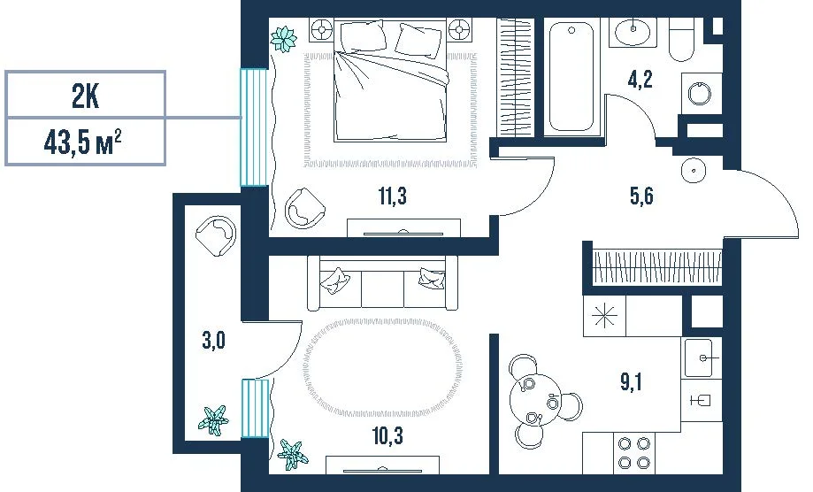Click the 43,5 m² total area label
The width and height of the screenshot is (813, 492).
[83, 142]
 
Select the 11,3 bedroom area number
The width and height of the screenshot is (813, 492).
[393, 196]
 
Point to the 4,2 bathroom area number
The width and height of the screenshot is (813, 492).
[640, 80]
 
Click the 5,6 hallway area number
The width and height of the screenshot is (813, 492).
[640, 196]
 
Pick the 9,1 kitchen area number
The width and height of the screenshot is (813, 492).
[631, 382]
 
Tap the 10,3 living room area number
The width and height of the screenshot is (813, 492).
[387, 436]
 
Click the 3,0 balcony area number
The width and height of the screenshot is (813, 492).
[213, 341]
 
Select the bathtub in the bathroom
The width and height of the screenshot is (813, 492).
[571, 76]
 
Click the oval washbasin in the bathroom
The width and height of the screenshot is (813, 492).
[633, 31]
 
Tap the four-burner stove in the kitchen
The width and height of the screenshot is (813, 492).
[634, 452]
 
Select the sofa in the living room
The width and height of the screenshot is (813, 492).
[383, 283]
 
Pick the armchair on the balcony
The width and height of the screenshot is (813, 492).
[216, 235]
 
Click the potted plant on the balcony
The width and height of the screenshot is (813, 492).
[213, 419]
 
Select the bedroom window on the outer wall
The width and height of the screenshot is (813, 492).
[254, 127]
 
